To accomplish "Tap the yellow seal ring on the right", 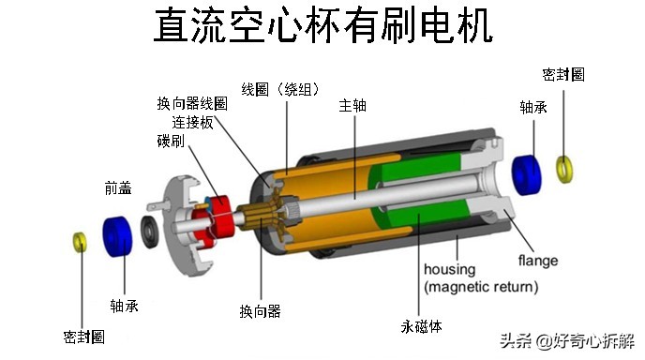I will [x=564, y=169].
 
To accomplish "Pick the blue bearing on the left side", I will [x=116, y=233].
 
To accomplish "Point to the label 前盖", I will [x=118, y=188].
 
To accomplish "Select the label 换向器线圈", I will [x=192, y=103].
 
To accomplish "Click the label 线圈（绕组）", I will [x=281, y=89].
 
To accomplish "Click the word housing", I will [x=450, y=269].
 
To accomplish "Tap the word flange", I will [x=538, y=261].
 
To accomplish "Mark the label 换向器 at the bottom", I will [x=260, y=310].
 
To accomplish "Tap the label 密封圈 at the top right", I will [x=563, y=74].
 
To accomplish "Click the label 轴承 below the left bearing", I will [x=124, y=305].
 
